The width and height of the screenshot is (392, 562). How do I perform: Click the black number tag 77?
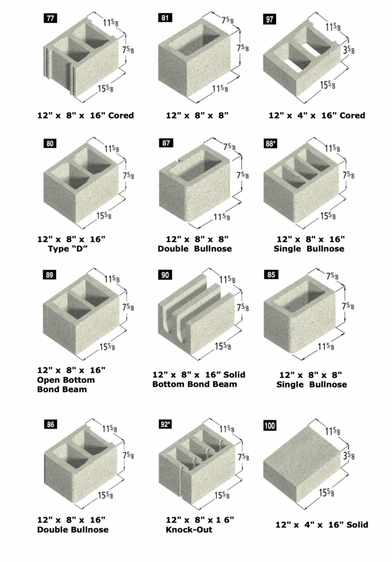(x=51, y=18)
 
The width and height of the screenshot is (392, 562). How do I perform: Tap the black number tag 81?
(x=165, y=18)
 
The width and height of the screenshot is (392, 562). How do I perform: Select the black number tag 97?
(x=269, y=19)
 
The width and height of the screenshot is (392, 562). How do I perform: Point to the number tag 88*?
(x=270, y=143)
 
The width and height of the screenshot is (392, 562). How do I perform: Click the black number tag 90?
(x=165, y=275)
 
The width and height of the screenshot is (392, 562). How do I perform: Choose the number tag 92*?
(x=165, y=424)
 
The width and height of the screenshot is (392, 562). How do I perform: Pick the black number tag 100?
(x=269, y=425)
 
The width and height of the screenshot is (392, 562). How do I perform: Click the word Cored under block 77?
(x=121, y=115)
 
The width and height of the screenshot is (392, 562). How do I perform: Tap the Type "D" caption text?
(x=68, y=249)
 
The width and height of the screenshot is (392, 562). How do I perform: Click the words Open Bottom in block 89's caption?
(x=65, y=380)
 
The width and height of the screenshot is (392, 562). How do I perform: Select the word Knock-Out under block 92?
(x=189, y=530)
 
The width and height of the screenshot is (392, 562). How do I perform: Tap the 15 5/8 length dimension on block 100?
(x=327, y=493)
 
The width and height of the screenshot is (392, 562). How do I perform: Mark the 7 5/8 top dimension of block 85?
(x=333, y=277)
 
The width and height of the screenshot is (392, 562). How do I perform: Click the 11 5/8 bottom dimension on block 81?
(x=220, y=88)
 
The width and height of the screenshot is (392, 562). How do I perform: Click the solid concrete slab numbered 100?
(x=301, y=465)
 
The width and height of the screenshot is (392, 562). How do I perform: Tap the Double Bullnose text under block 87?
(x=195, y=249)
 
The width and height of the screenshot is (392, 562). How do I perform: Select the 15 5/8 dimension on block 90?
(x=223, y=347)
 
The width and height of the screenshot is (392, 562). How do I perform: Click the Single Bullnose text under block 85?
(x=312, y=384)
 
